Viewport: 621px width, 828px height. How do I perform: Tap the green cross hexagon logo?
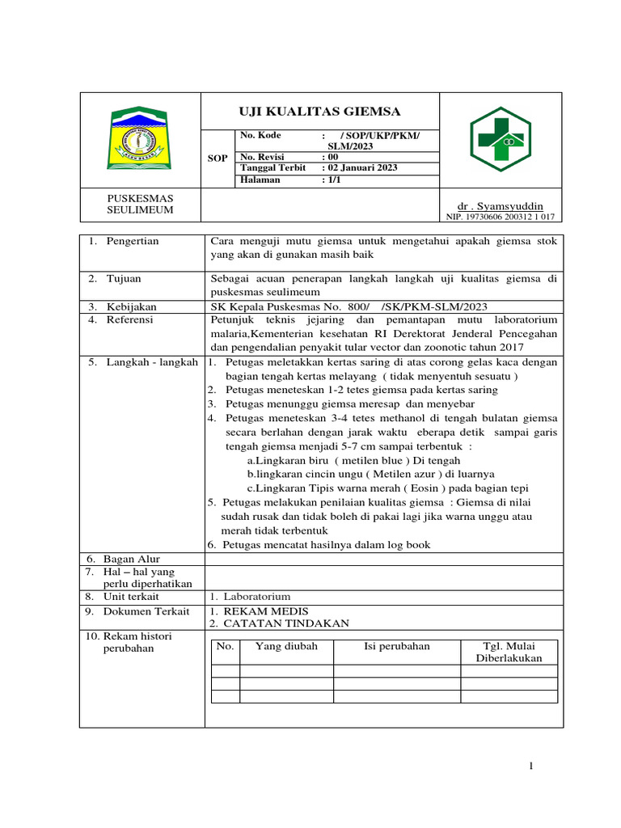pos(501,138)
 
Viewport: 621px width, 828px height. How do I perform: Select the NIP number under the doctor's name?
pos(501,217)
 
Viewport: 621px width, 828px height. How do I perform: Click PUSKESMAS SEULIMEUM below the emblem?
pos(141,204)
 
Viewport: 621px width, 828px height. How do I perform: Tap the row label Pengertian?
pos(133,241)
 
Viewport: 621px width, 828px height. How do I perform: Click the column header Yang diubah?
pos(286,646)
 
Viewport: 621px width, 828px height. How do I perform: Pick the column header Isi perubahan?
pos(397,646)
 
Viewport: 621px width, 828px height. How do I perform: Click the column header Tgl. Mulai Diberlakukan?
pos(509,652)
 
